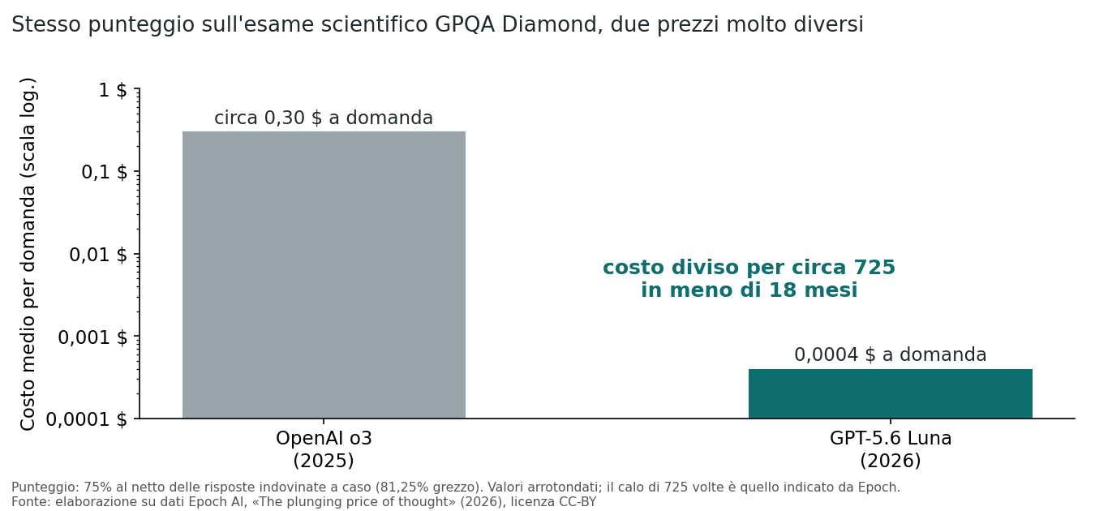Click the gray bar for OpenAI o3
click(324, 274)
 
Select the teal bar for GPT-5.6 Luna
click(890, 393)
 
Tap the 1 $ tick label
click(113, 90)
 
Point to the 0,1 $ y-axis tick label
click(104, 172)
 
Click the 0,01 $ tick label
click(98, 255)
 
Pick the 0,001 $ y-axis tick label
click(92, 337)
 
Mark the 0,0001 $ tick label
click(87, 419)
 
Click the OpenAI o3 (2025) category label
click(324, 449)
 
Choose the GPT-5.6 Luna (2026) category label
click(890, 449)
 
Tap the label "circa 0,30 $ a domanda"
click(324, 118)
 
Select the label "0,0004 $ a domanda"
click(890, 354)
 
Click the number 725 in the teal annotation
click(874, 268)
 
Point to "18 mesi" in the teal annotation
click(813, 290)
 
